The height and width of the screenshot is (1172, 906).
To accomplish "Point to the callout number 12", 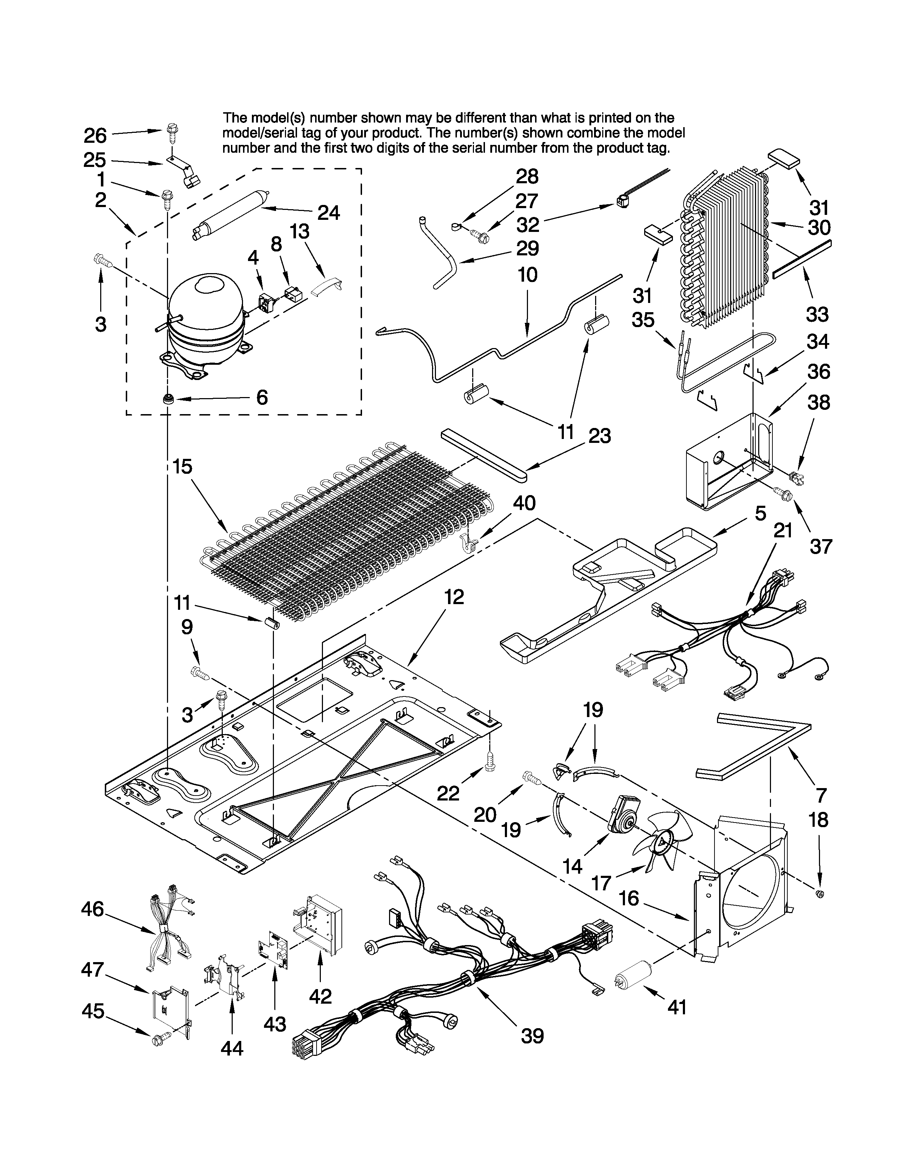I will [454, 597].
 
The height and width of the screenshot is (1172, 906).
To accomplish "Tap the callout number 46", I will [92, 909].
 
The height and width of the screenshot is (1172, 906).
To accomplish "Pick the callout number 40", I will [524, 503].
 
